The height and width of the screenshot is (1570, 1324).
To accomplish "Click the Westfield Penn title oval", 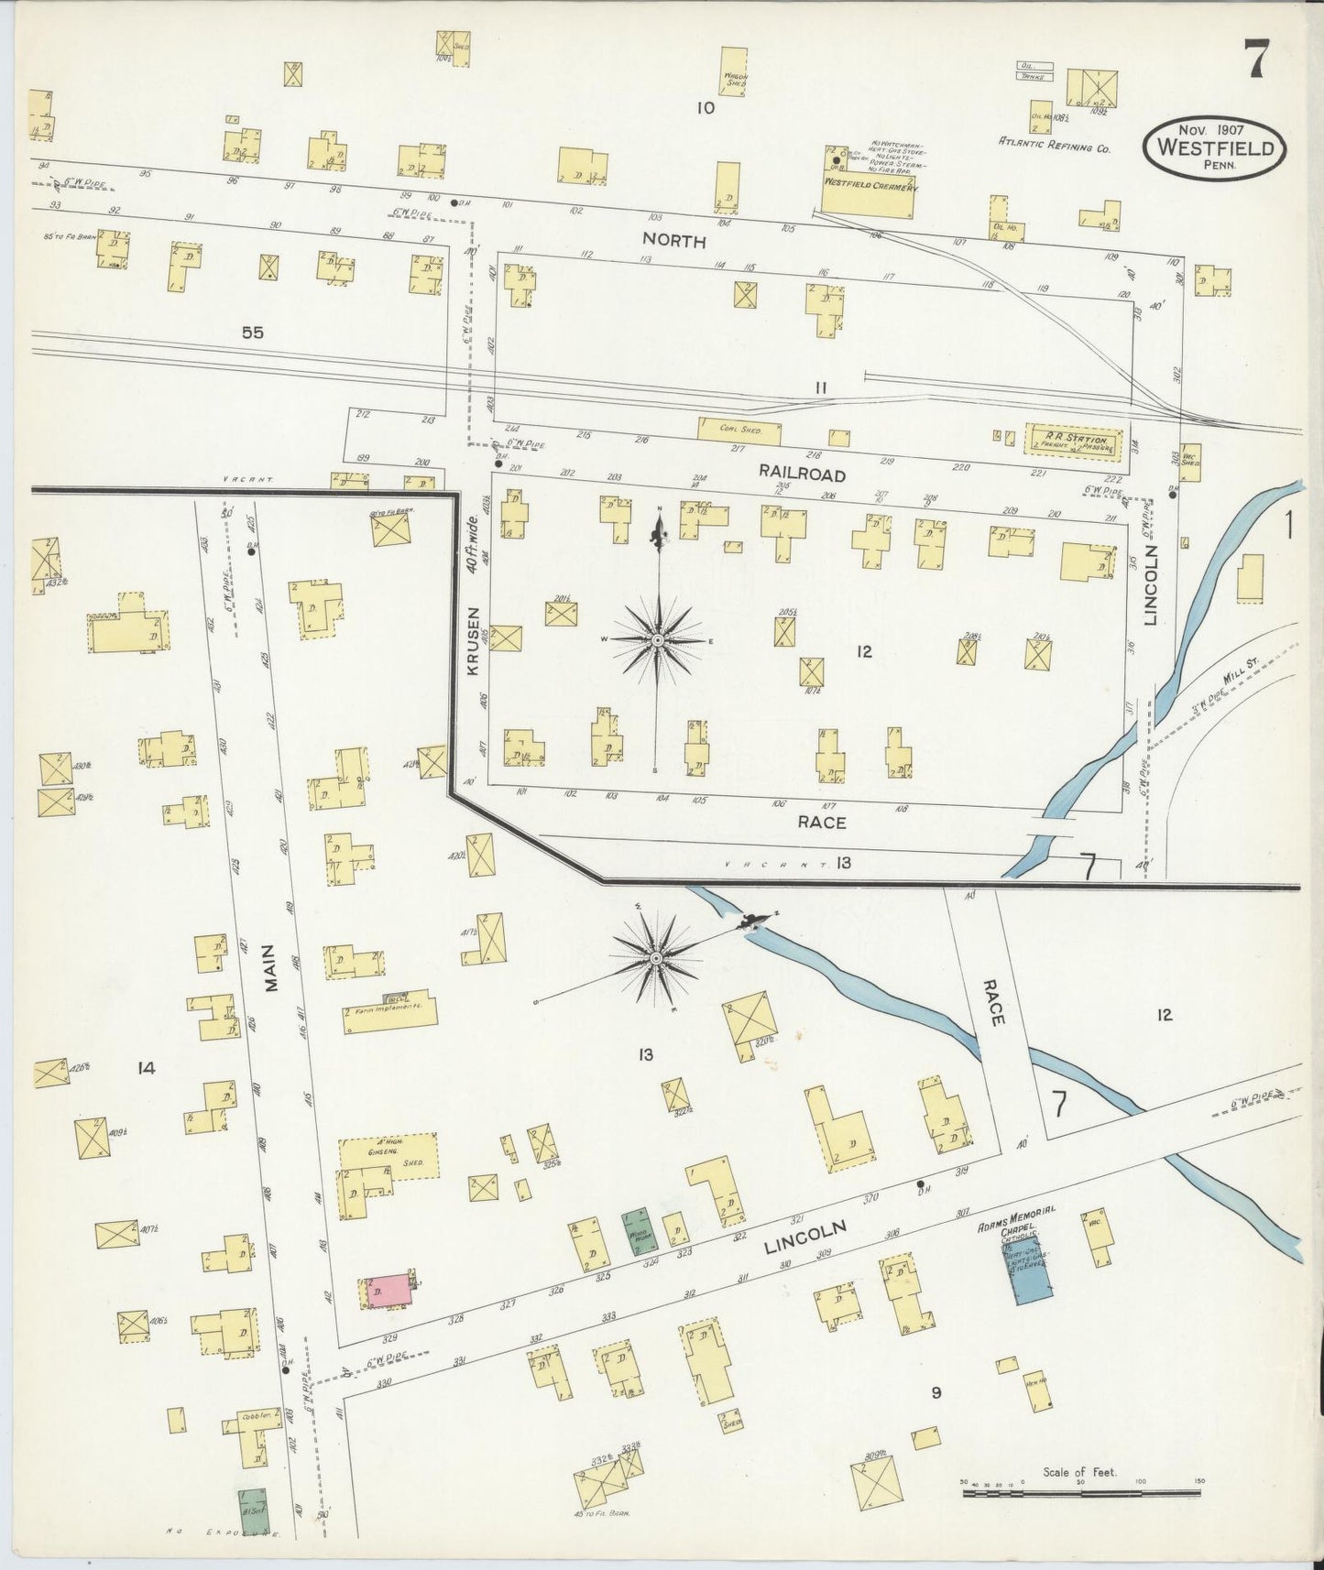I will point(1213,147).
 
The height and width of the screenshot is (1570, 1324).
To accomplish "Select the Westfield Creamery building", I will point(867,196).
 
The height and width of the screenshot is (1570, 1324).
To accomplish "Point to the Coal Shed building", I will point(739,430).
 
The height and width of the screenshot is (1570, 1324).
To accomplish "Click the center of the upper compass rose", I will point(657,640).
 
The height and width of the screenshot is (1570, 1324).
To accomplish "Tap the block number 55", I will point(253,333).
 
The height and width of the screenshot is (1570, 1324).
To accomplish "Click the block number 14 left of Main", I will point(145,1067).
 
